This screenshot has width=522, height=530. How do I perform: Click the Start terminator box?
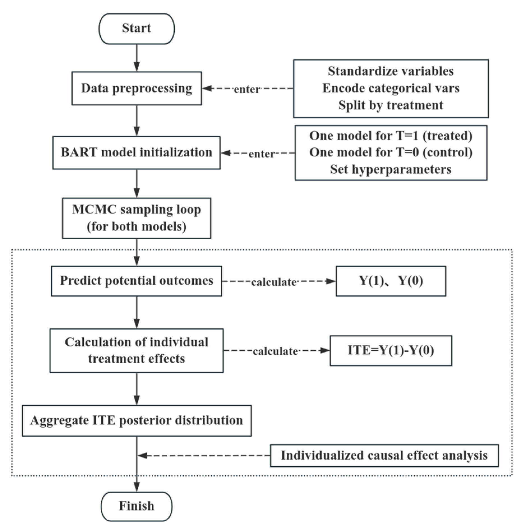coord(137,29)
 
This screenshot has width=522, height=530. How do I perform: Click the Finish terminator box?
coord(137,506)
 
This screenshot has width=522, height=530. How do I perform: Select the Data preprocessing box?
coord(137,88)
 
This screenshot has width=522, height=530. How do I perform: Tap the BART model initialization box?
coord(137,153)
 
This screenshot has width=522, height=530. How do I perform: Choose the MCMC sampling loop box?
coord(137,218)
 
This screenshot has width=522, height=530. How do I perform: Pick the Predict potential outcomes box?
coord(137,281)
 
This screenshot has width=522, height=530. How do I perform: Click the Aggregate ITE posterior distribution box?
coord(137,420)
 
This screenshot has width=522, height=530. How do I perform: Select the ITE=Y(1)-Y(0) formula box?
coord(391,350)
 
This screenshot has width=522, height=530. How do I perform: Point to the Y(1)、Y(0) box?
coord(391,281)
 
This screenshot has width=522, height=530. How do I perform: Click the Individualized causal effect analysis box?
coord(384,455)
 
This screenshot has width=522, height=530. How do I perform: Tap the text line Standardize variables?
coord(391,71)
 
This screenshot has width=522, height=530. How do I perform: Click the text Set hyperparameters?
coord(391,169)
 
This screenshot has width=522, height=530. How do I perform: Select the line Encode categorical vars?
coord(391,88)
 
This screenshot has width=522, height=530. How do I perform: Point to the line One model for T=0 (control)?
coord(391,152)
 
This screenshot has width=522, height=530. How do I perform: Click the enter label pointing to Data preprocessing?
coord(247,89)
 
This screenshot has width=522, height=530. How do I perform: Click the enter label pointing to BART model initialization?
coord(262,154)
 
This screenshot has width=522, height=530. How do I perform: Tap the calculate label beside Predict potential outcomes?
coord(274,282)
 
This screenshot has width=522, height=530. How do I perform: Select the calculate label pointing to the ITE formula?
coord(275,351)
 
